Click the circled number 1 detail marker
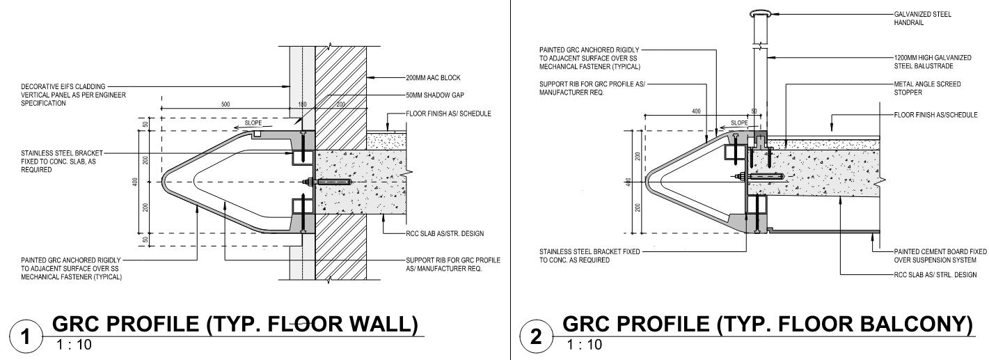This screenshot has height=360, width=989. pos(26,338)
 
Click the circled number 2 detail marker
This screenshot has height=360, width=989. pos(537,338)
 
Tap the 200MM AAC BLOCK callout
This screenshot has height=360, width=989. pos(433,78)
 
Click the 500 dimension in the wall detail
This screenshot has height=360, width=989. pos(225,104)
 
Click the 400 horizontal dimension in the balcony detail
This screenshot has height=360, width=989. pos(697,111)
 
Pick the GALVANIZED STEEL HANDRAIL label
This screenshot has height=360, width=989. pos(922,18)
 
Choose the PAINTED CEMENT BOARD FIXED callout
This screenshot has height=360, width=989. pos(940,255)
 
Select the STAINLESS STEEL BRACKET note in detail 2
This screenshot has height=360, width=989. pos(589,256)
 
